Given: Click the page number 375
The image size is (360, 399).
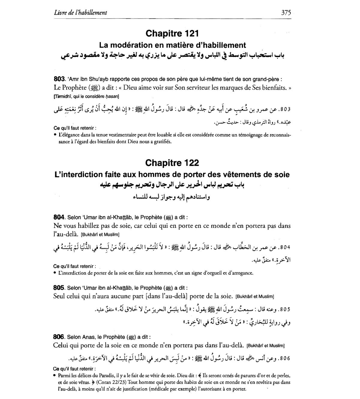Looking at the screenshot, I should pyautogui.click(x=286, y=12).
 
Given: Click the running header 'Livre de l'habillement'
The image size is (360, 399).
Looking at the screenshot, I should pyautogui.click(x=81, y=13).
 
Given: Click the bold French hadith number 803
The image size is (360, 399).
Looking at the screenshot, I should pyautogui.click(x=59, y=79).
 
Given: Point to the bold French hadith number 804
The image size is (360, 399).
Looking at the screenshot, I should pyautogui.click(x=59, y=217).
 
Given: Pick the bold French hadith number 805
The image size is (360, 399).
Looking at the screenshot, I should pyautogui.click(x=59, y=288).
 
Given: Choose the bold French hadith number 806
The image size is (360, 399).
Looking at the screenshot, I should pyautogui.click(x=59, y=337).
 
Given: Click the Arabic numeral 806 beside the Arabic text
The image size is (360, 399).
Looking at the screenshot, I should pyautogui.click(x=284, y=358).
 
